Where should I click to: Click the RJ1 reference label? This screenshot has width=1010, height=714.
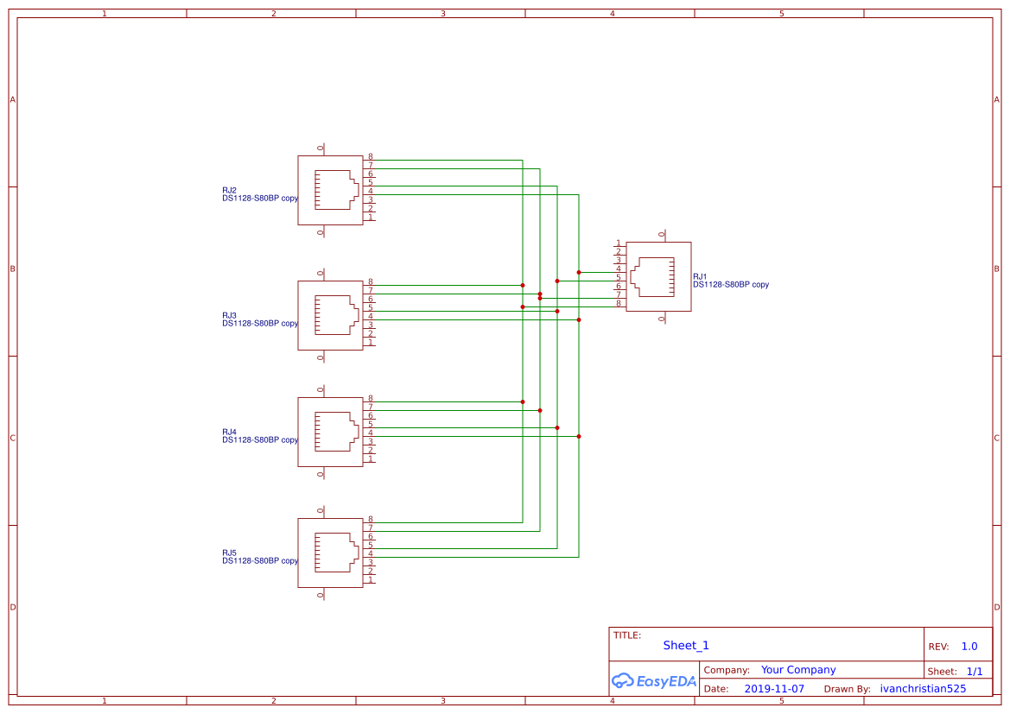click(x=700, y=276)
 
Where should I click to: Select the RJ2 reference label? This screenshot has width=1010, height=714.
click(x=229, y=190)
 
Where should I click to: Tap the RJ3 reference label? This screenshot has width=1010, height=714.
click(x=229, y=315)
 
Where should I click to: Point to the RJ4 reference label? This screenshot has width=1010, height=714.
click(x=229, y=432)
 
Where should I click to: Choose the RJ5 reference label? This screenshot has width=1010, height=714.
click(x=229, y=553)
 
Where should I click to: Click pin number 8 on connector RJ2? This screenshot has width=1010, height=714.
click(x=371, y=157)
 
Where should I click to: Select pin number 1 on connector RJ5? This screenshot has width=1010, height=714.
click(x=371, y=579)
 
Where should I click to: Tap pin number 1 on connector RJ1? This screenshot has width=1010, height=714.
click(x=619, y=243)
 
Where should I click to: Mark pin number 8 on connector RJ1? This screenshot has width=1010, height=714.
click(x=619, y=303)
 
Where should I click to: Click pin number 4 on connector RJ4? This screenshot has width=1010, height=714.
click(x=371, y=433)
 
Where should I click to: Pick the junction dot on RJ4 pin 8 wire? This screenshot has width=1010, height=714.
click(x=523, y=401)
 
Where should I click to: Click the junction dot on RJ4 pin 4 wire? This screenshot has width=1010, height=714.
click(x=579, y=436)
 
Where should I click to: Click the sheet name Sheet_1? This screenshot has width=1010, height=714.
click(x=686, y=646)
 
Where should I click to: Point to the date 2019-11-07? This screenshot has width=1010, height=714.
click(x=774, y=689)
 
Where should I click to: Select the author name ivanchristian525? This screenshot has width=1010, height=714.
click(x=923, y=689)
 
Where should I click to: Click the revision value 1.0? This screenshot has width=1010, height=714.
click(x=969, y=647)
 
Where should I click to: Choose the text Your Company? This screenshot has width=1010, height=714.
click(x=798, y=670)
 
